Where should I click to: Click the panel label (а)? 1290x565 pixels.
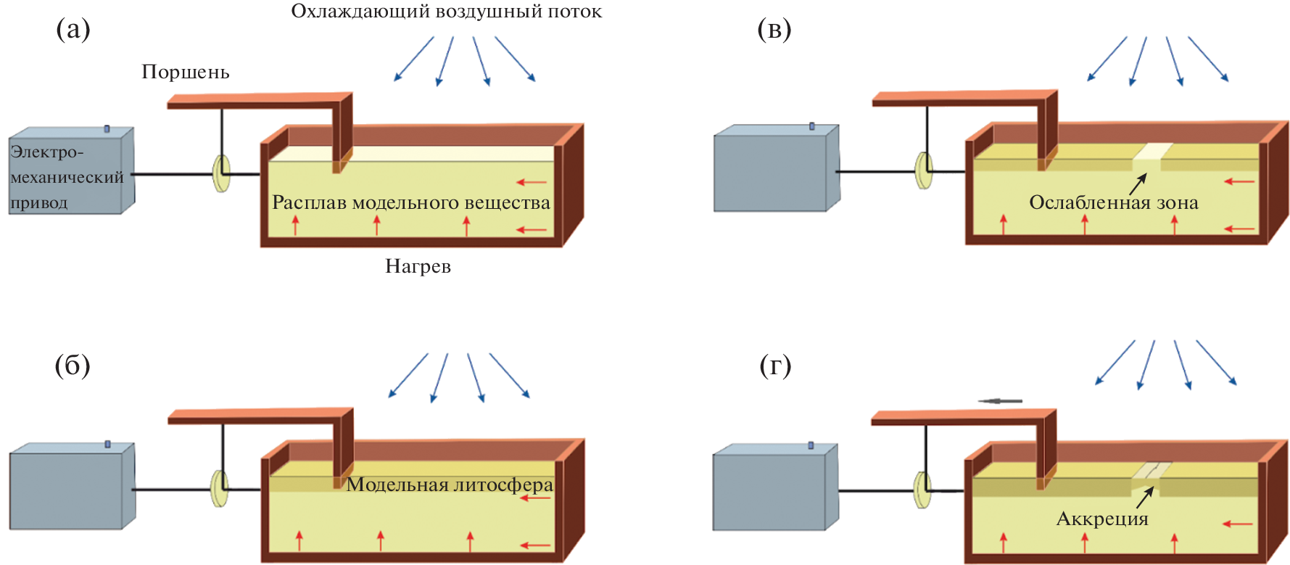73,30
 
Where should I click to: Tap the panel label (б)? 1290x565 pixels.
73,366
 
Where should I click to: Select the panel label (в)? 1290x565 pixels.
774,30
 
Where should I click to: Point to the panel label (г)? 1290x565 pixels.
775,366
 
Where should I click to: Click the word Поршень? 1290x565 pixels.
185,72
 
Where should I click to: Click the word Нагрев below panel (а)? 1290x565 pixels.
418,267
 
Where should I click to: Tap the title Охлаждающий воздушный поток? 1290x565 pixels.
446,12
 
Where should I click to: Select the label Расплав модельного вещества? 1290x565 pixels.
410,202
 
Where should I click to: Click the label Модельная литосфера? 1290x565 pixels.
450,484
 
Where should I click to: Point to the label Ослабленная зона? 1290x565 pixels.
1113,202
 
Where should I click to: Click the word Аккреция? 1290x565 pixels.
1102,519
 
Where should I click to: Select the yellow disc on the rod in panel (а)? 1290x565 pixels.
221,173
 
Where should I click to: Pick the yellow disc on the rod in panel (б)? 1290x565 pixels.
220,489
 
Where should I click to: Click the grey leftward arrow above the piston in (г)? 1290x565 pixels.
1000,401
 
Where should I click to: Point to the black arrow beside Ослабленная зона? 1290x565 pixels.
1138,184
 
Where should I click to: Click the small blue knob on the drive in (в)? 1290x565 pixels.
811,126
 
